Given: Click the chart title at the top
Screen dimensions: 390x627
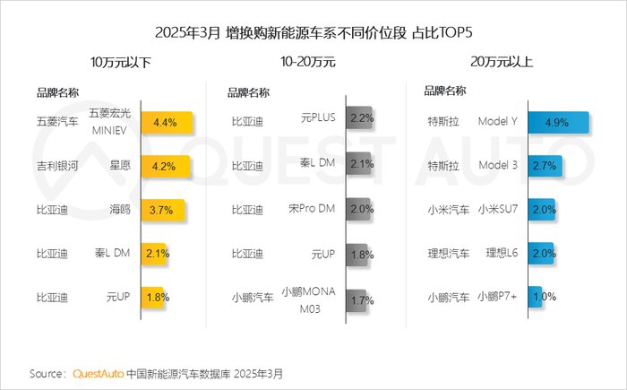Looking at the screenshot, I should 313,33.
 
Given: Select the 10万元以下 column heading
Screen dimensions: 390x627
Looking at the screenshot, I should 120,62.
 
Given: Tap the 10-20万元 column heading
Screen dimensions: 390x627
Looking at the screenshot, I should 307,62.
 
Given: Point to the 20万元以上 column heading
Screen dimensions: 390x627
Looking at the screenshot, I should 502,62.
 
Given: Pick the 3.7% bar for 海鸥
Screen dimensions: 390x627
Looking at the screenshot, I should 162,210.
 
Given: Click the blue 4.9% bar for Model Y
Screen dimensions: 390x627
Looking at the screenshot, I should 557,122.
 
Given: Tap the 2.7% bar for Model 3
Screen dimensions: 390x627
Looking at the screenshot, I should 544,166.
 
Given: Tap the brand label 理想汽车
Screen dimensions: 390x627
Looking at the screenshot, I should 449,254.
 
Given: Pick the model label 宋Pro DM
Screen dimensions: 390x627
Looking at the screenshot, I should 312,210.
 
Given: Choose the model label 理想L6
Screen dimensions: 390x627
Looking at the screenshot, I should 502,254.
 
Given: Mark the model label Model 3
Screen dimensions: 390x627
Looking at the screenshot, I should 500,166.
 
